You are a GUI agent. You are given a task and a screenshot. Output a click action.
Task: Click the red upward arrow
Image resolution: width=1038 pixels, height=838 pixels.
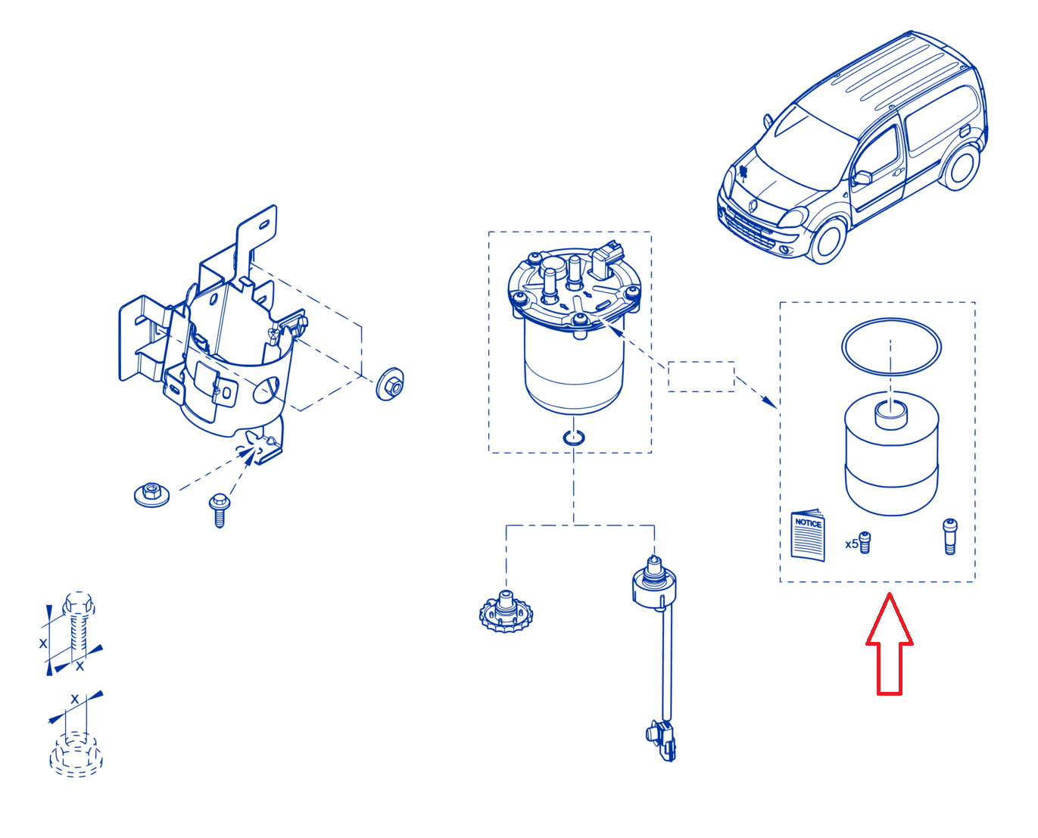click(x=889, y=643)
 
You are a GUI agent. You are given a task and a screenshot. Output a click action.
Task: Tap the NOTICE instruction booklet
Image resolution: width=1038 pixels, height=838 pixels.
click(x=808, y=535)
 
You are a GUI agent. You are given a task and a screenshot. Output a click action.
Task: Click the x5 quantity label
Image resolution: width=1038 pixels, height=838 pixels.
click(x=851, y=544)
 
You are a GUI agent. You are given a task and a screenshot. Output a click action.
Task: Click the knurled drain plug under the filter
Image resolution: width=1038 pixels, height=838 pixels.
click(x=505, y=612)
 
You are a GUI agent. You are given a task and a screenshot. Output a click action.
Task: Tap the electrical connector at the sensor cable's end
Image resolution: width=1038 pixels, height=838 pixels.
click(x=662, y=741)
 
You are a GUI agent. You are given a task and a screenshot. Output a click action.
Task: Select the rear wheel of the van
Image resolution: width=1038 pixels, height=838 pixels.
click(x=959, y=166)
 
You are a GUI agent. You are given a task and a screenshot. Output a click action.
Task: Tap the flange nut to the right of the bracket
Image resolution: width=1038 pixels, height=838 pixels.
click(x=390, y=384)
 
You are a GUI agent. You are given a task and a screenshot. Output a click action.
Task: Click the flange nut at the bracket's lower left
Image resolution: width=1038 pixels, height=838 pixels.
click(x=151, y=494)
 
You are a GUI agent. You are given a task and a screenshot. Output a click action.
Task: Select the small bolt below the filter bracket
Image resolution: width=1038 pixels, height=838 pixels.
click(x=219, y=510)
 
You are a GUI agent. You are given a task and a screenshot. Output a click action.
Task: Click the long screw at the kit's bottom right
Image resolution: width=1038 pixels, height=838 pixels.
click(x=949, y=537)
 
